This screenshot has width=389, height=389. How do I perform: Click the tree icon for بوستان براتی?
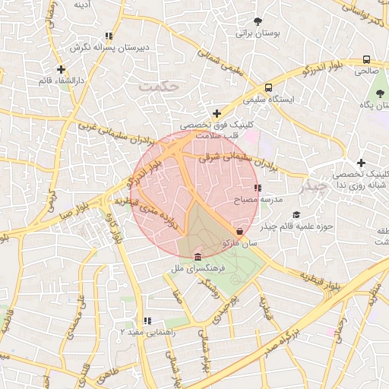click(259, 21)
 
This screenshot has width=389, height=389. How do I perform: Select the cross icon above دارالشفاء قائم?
click(61, 70)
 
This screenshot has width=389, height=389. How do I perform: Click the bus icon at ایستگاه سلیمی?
click(269, 87)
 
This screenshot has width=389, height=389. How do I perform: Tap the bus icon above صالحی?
click(367, 59)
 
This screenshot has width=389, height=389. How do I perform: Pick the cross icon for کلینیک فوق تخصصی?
click(217, 113)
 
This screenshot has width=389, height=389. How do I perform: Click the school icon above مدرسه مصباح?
click(258, 187)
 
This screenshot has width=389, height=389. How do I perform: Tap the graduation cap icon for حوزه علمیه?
click(296, 215)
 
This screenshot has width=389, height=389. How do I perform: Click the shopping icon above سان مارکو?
click(240, 230)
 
